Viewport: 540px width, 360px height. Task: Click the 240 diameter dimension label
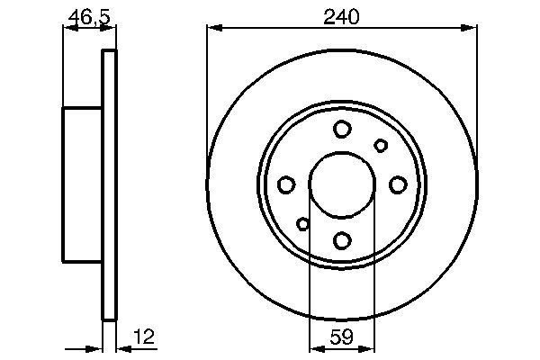(341, 14)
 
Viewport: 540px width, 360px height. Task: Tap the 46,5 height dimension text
(86, 14)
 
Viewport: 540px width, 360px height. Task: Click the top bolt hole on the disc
(342, 130)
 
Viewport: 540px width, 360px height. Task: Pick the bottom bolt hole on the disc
(342, 240)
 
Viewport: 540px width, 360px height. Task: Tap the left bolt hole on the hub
(286, 185)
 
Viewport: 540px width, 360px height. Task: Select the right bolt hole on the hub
(398, 184)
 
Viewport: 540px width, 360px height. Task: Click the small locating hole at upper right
(381, 146)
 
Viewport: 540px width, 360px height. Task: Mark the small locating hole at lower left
(303, 224)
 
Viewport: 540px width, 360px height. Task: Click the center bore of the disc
(342, 184)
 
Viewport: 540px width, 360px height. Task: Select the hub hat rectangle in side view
(82, 184)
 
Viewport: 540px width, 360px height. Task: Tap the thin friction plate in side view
(109, 184)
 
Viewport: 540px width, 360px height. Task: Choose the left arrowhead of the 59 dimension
(315, 347)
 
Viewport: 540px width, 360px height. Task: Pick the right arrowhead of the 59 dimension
(369, 347)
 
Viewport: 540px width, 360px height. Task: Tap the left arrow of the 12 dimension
(94, 347)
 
